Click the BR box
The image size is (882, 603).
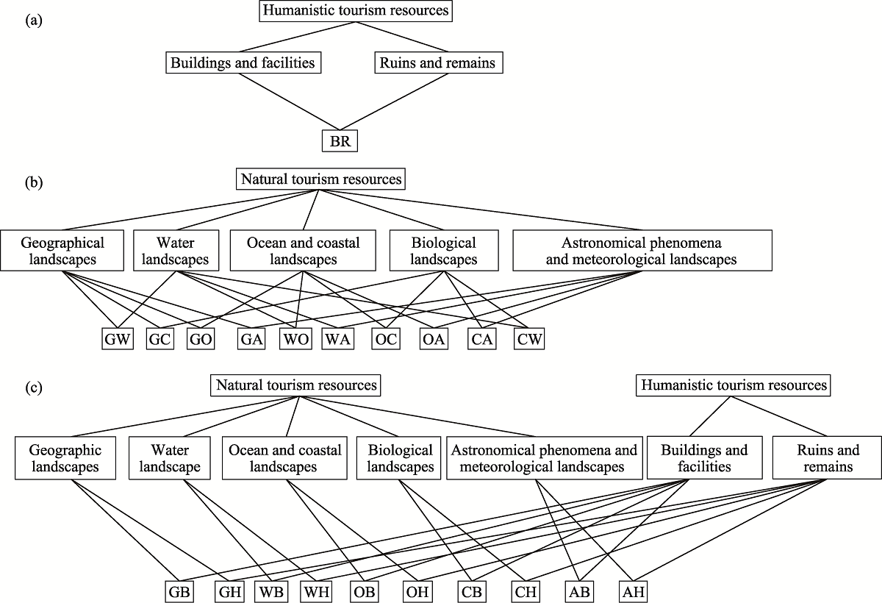(340, 140)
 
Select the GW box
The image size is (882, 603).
(118, 339)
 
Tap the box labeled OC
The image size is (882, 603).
(386, 339)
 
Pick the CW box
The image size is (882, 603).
(529, 339)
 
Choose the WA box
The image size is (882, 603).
(338, 339)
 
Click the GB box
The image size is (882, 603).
(179, 591)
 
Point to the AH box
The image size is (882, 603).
(633, 591)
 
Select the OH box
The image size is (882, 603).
(417, 591)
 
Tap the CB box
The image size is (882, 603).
(471, 591)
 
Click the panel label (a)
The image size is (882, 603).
(34, 20)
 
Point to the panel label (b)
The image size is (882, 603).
(34, 183)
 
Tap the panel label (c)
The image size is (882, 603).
(34, 388)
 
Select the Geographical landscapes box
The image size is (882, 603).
(62, 251)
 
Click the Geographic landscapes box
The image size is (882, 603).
(65, 457)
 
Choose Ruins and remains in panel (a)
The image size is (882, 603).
(439, 63)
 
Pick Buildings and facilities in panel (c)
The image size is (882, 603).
(704, 457)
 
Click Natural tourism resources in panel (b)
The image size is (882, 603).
(320, 179)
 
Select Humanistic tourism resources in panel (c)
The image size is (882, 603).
(734, 385)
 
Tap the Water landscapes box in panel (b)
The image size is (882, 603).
(176, 251)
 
